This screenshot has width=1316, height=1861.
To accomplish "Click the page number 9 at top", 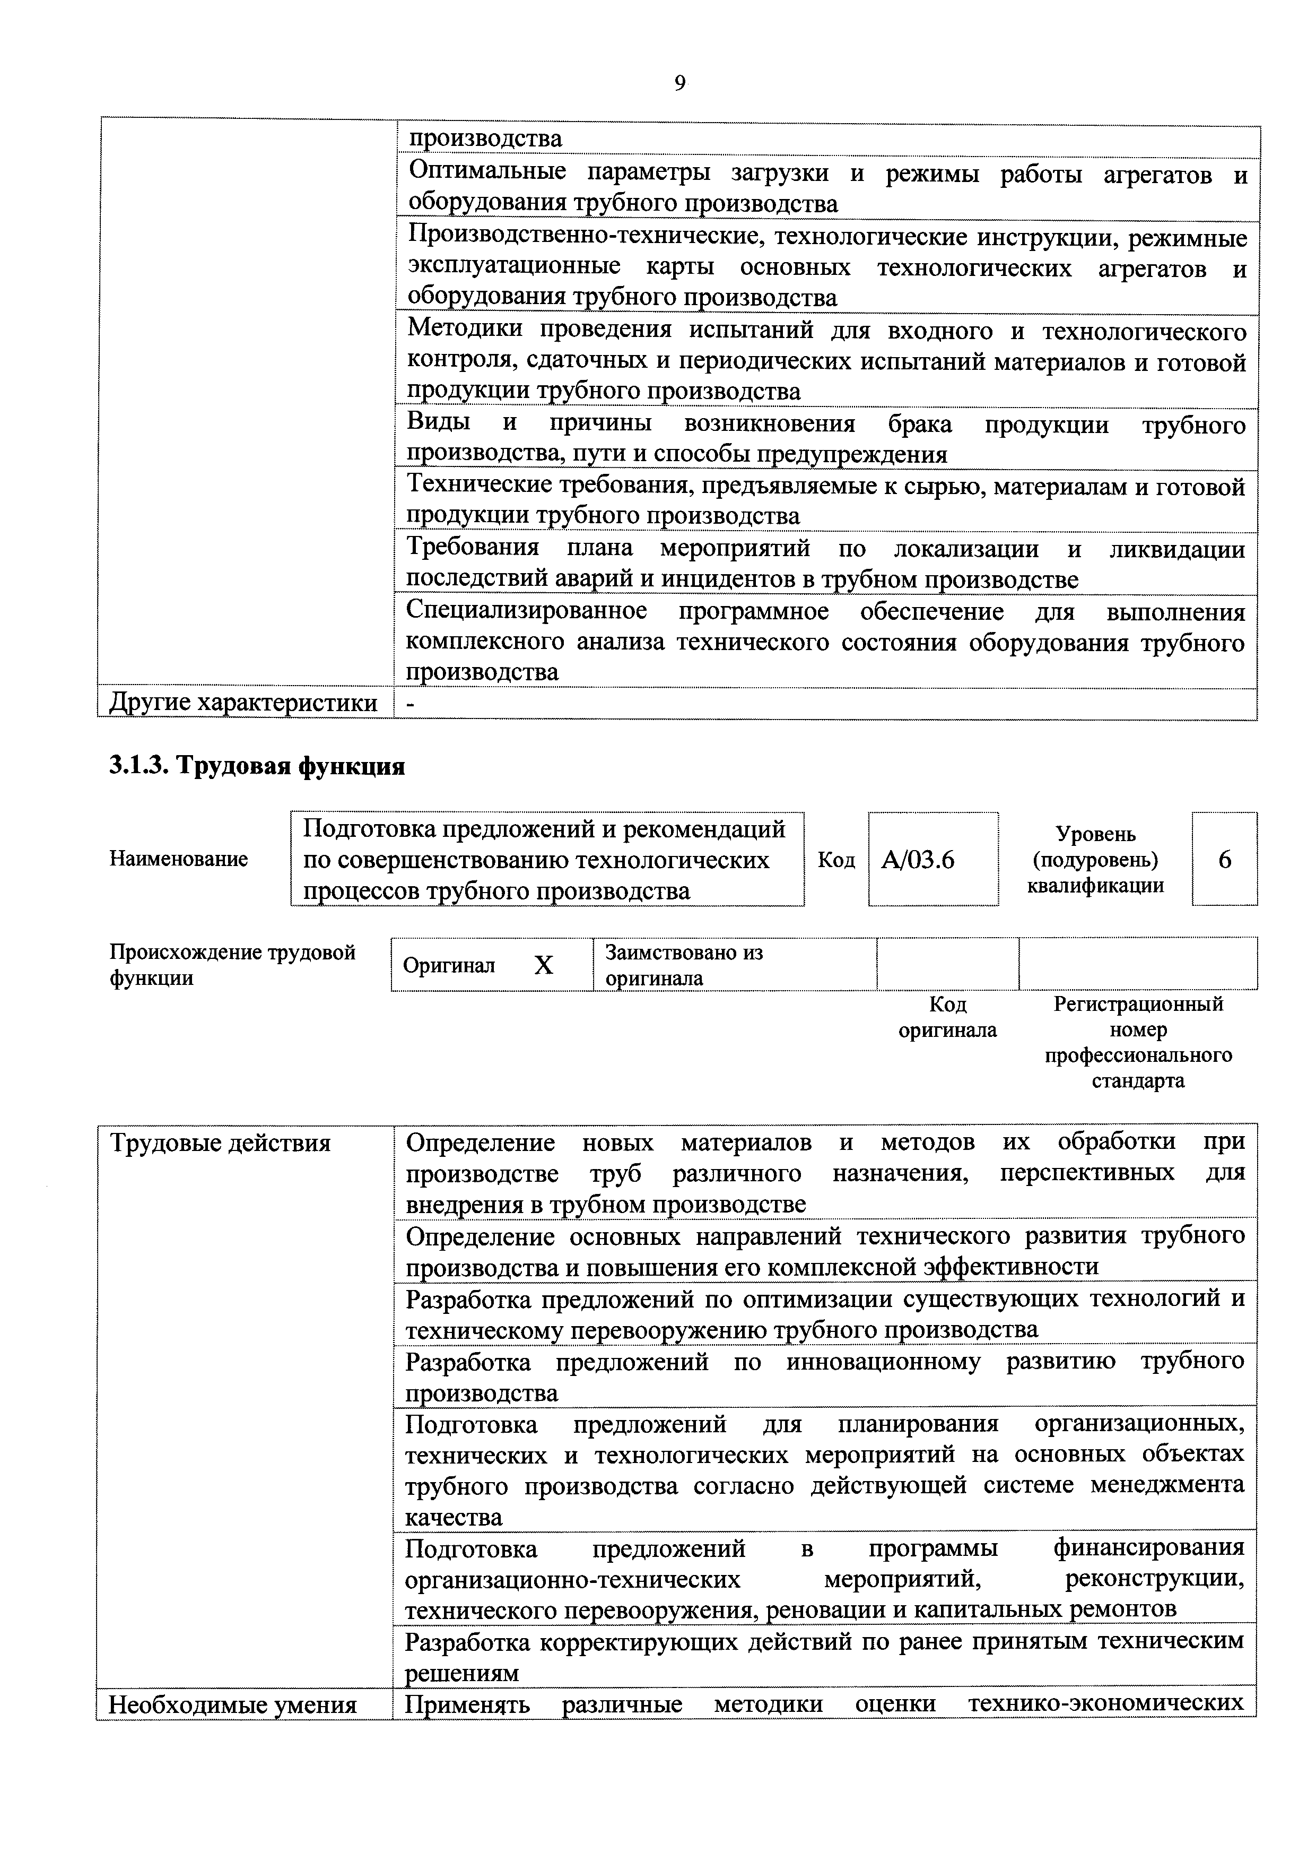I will [x=679, y=83].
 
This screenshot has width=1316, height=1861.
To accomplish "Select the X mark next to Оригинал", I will [x=544, y=965].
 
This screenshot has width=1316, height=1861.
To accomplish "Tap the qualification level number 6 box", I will [x=1224, y=859].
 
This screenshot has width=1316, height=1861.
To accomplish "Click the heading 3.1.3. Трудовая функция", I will [x=257, y=765].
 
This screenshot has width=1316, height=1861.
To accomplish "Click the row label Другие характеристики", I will [x=243, y=703].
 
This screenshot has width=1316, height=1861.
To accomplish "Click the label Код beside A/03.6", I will [x=836, y=859].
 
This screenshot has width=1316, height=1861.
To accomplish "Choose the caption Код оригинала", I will [x=947, y=1017].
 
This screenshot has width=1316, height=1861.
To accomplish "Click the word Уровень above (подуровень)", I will [x=1095, y=834].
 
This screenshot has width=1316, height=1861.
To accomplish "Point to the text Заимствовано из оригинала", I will [x=683, y=965].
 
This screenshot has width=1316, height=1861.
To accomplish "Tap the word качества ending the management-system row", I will [x=454, y=1517].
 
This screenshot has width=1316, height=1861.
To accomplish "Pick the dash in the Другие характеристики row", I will [x=410, y=704].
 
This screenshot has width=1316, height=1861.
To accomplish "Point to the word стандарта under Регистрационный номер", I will [x=1138, y=1080].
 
